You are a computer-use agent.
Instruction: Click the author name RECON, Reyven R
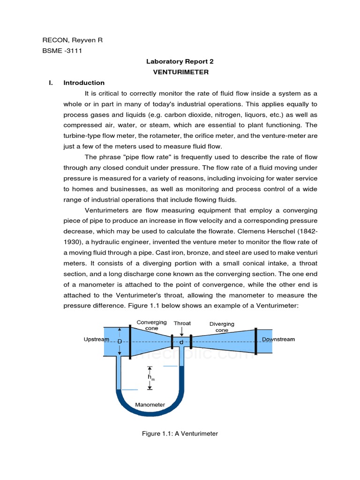click(72, 40)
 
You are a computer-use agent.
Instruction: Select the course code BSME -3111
click(62, 51)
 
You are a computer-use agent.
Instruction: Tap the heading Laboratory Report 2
click(180, 61)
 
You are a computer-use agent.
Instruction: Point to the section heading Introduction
click(84, 83)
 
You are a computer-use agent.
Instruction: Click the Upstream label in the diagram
click(96, 339)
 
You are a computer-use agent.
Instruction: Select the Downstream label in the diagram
click(278, 339)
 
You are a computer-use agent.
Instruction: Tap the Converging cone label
click(151, 325)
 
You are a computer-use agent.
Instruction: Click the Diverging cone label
click(222, 327)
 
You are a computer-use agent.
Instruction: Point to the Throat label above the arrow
click(182, 323)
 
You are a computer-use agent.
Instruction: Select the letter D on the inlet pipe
click(120, 342)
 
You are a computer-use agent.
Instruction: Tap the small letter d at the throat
click(181, 343)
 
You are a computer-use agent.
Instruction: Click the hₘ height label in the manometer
click(150, 377)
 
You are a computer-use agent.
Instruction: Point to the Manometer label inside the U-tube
click(150, 405)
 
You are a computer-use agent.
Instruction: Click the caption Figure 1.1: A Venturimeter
click(180, 434)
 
